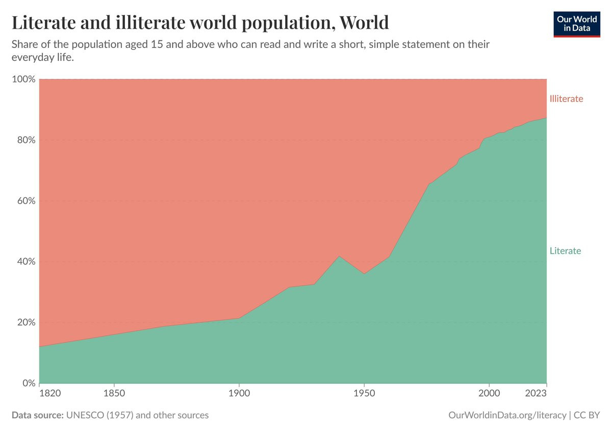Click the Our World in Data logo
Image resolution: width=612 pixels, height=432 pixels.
(576, 22)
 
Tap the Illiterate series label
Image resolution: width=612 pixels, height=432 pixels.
(566, 99)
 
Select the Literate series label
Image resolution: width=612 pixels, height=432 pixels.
(565, 251)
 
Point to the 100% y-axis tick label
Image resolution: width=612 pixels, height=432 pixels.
(23, 80)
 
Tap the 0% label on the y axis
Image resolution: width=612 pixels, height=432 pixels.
(28, 383)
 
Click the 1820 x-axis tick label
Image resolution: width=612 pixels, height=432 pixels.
(50, 394)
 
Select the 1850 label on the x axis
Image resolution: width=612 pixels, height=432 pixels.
(114, 394)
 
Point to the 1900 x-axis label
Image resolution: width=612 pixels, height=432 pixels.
(239, 394)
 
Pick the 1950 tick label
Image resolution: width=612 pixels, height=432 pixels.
(364, 394)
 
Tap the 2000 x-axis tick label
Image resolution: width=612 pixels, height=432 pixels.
(489, 394)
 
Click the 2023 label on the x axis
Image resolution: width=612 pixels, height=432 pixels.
(537, 394)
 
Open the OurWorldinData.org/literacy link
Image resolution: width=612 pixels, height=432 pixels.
(507, 415)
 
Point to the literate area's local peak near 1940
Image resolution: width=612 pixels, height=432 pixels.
(339, 256)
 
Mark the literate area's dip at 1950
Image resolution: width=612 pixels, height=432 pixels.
(364, 274)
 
